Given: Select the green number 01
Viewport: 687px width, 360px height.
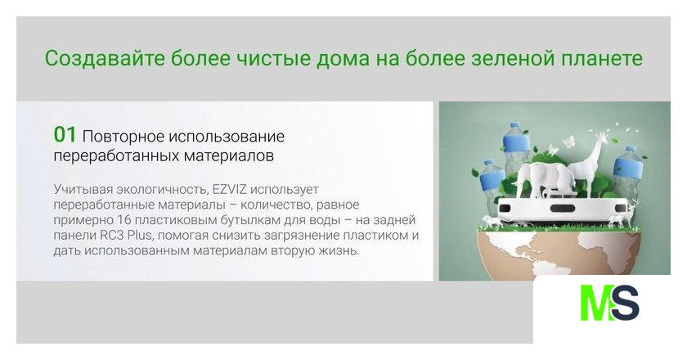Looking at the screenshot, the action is coord(65,135).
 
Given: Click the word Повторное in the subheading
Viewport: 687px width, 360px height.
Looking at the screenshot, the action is coord(121,137).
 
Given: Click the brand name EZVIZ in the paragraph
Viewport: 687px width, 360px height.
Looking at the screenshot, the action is coord(230,190).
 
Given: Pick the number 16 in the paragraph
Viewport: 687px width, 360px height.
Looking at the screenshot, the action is coord(125,220).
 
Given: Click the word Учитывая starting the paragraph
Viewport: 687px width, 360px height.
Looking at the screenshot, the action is coord(83,190).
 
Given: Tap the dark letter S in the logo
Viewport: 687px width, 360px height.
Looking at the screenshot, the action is coord(626,303).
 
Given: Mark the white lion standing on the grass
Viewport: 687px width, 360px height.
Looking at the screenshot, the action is coord(492,222).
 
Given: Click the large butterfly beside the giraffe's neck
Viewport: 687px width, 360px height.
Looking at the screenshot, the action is coord(568,142).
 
